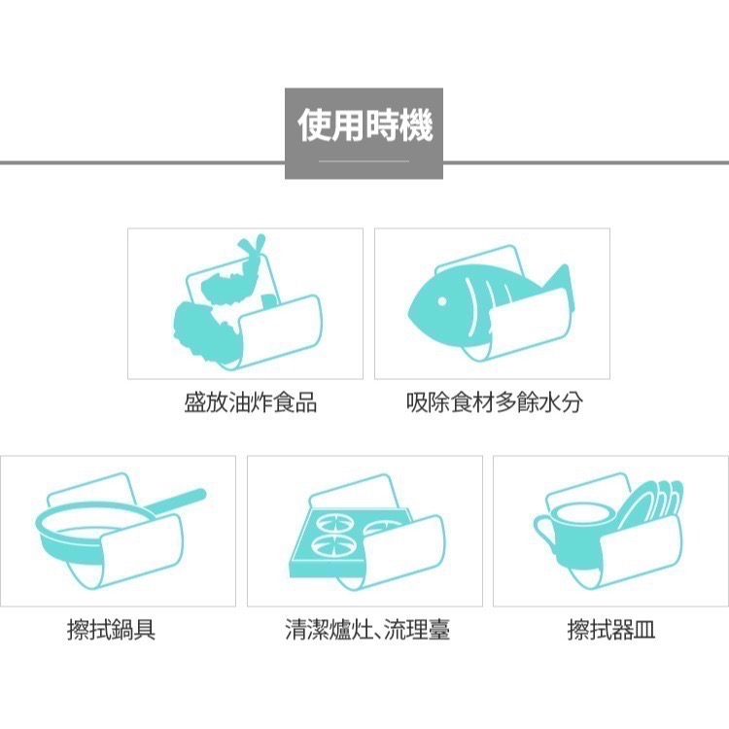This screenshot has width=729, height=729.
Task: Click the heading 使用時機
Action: tap(364, 125)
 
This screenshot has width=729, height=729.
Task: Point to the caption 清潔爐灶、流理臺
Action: tap(366, 631)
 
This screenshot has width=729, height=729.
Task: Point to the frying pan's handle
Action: tap(175, 502)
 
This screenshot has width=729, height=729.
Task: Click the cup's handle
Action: tap(541, 531)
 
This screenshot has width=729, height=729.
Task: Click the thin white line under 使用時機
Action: tap(364, 159)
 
